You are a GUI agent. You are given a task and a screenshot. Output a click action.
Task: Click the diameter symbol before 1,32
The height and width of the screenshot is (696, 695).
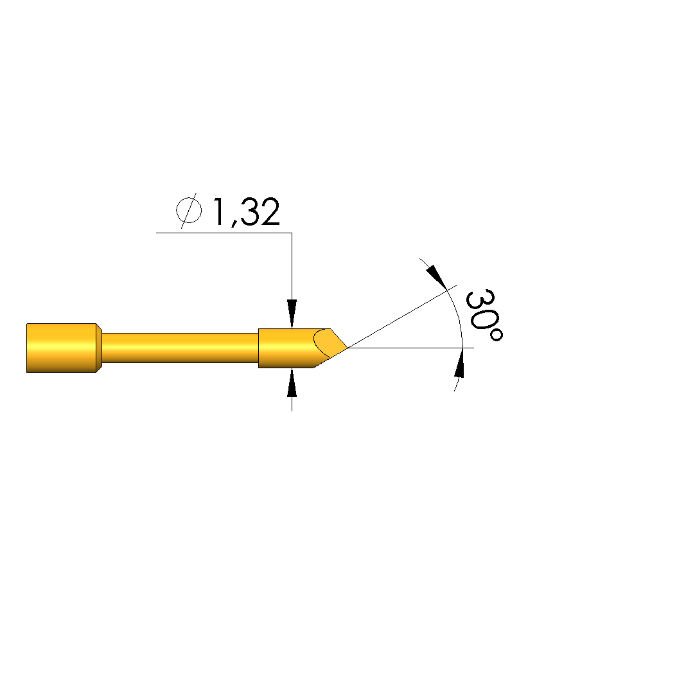click(x=189, y=211)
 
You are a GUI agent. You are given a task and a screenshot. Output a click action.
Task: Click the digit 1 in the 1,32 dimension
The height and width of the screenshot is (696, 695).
click(x=220, y=211)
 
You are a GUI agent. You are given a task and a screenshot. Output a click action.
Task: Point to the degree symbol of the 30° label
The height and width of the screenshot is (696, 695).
click(x=497, y=335)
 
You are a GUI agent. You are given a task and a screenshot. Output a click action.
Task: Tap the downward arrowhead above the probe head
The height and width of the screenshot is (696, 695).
click(x=292, y=314)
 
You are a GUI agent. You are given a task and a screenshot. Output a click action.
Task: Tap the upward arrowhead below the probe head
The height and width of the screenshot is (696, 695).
click(x=292, y=382)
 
